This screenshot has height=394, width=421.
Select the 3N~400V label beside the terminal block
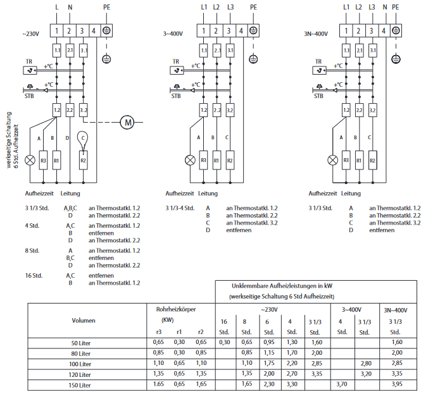[x=317, y=32]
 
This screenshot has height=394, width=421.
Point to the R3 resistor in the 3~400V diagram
[x=203, y=161]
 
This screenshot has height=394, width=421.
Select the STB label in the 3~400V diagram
[x=176, y=96]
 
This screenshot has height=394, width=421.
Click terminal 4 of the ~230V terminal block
[x=94, y=30]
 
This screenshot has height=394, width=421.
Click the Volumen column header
[x=84, y=320]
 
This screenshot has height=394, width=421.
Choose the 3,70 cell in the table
[x=342, y=384]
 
